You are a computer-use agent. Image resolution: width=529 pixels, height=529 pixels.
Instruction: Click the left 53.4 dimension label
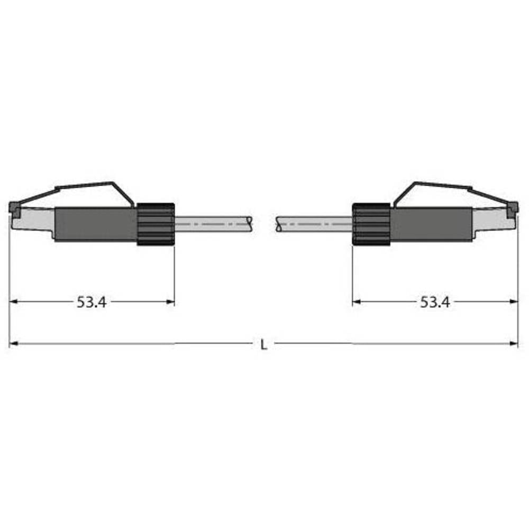pyautogui.click(x=92, y=302)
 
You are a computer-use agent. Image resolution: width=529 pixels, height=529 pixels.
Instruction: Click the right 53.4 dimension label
pyautogui.click(x=435, y=302)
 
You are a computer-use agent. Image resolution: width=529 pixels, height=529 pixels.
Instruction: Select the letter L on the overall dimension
pyautogui.click(x=264, y=345)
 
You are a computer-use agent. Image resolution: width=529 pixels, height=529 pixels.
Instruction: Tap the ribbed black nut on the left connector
pyautogui.click(x=156, y=224)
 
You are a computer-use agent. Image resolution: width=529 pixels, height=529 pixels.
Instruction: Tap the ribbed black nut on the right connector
pyautogui.click(x=371, y=224)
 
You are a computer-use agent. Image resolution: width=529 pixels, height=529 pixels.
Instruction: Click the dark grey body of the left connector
pyautogui.click(x=95, y=224)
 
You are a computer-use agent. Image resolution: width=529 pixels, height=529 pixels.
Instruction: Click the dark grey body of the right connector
pyautogui.click(x=431, y=224)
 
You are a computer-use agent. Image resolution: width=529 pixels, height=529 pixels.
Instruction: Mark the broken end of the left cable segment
pyautogui.click(x=250, y=224)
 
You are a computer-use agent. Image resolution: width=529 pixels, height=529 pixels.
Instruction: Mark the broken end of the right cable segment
pyautogui.click(x=277, y=224)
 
